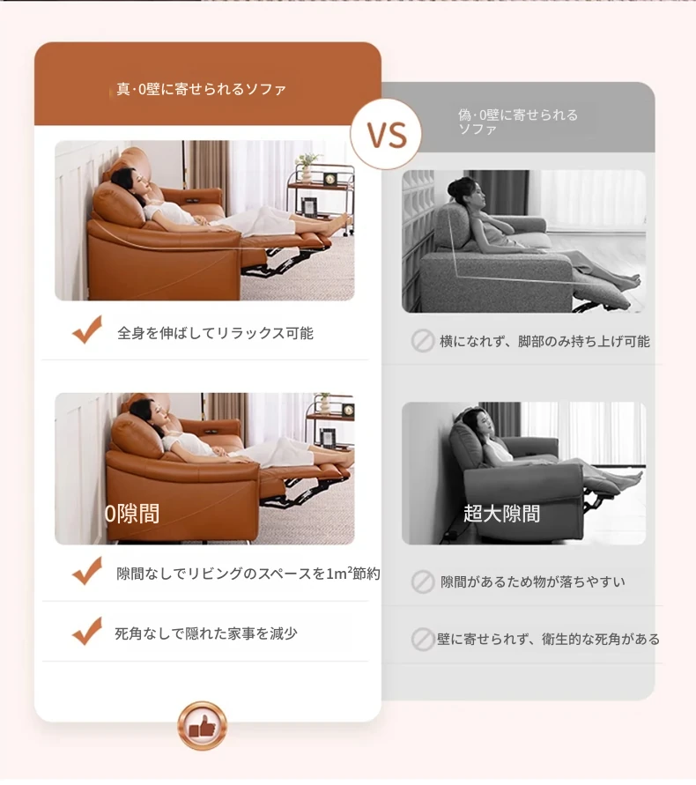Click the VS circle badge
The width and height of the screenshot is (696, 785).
[x=386, y=134]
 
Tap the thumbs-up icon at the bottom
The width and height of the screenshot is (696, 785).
[x=203, y=725]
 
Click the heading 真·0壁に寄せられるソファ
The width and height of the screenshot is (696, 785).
[x=201, y=89]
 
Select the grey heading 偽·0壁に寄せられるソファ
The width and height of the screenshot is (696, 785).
[x=518, y=122]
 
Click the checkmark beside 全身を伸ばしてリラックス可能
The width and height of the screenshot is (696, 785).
[x=87, y=330]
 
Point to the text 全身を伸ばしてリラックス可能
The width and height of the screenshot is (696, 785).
[x=215, y=333]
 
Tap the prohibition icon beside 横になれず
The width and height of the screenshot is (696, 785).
[x=423, y=341]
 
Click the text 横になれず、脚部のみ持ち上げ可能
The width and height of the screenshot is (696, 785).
[x=544, y=342]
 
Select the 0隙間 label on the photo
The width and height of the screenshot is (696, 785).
[x=132, y=514]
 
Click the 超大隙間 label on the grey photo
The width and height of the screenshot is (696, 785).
[x=501, y=514]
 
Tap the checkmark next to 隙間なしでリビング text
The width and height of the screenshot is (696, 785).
[x=87, y=571]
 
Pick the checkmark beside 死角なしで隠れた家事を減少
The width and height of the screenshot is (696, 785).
[x=87, y=631]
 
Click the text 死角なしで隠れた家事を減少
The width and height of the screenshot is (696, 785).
[x=206, y=633]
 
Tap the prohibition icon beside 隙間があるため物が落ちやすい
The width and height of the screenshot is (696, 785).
[x=423, y=581]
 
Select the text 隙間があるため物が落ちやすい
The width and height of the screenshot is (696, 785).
[x=533, y=581]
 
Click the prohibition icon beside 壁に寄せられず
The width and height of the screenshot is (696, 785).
[x=423, y=640]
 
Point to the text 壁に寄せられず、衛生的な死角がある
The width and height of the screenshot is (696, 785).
[x=548, y=640]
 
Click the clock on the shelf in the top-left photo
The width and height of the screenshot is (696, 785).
[x=329, y=179]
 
